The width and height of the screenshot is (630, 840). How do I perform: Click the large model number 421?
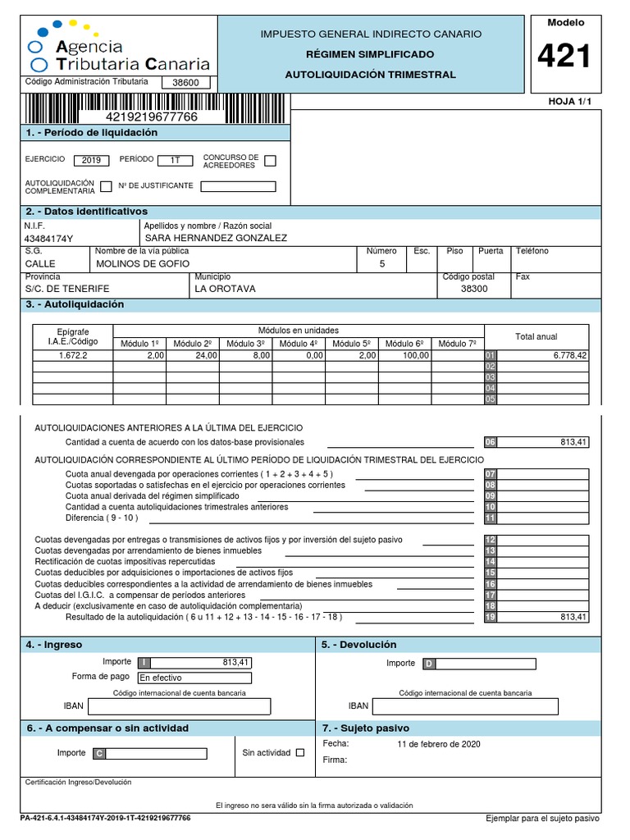[564, 57]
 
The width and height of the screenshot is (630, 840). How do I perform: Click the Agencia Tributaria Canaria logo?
[119, 48]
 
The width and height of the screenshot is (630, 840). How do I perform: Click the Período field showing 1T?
[175, 160]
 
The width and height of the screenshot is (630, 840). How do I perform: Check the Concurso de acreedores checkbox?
[271, 160]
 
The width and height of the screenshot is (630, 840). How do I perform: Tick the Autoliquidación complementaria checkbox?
[106, 185]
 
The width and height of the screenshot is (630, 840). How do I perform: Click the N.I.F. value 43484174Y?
[49, 239]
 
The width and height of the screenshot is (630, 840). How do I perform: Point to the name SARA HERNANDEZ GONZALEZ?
[216, 238]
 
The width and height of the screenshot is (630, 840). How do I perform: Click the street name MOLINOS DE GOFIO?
[143, 263]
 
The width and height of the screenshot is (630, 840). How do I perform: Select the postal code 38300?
[474, 289]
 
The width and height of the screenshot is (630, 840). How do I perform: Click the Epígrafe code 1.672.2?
[73, 356]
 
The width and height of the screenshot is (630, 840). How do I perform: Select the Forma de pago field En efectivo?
[194, 678]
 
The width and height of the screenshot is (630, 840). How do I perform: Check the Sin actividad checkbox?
[299, 752]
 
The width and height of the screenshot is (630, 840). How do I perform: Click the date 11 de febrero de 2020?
[438, 744]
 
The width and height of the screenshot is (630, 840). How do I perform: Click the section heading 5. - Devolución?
[359, 645]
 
